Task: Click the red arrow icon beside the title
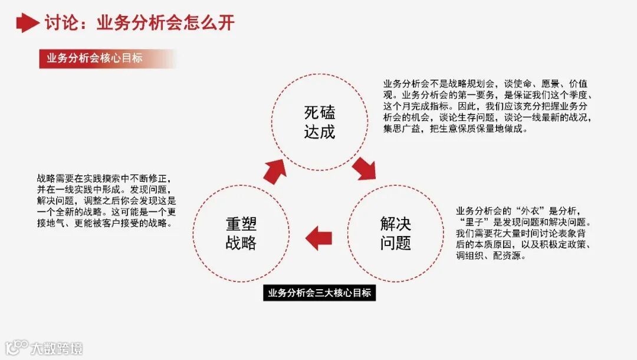[27, 23]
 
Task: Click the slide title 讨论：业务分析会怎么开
[139, 23]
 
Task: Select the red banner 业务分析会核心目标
[94, 58]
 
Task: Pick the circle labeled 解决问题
[395, 233]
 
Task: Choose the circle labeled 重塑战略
[241, 233]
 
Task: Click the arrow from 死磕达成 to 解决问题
[365, 168]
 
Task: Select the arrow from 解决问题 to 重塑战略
[318, 237]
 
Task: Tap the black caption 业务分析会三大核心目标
[319, 293]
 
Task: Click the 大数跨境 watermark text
[57, 348]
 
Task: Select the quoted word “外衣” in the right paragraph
[530, 211]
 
